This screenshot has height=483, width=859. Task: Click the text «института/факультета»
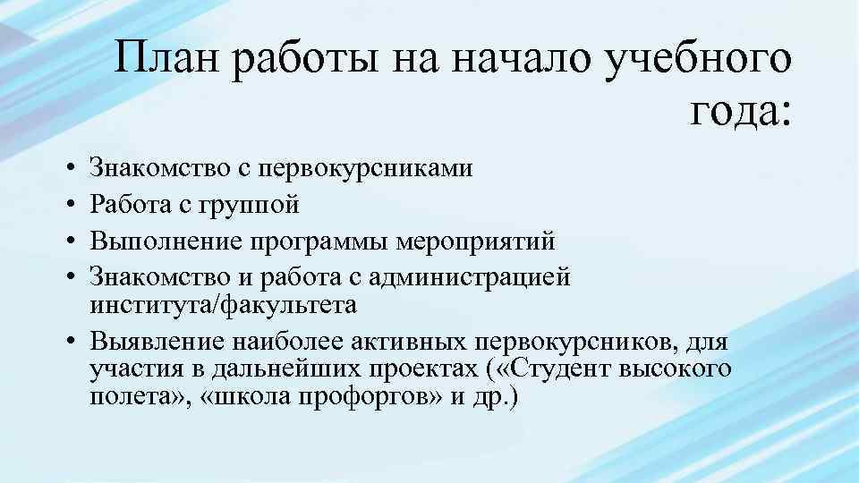(224, 305)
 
